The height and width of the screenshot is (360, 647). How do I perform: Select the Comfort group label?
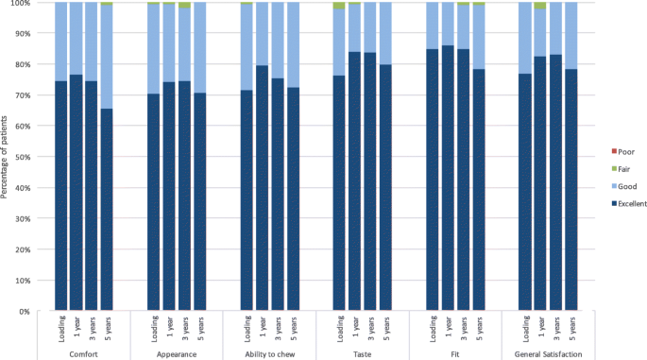[x=84, y=352]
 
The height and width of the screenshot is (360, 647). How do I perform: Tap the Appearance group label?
[x=176, y=352]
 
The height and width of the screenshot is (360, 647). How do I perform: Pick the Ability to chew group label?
[x=268, y=352]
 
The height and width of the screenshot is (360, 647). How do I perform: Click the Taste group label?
[x=361, y=352]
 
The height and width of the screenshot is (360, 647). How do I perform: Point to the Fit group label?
[x=454, y=352]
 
